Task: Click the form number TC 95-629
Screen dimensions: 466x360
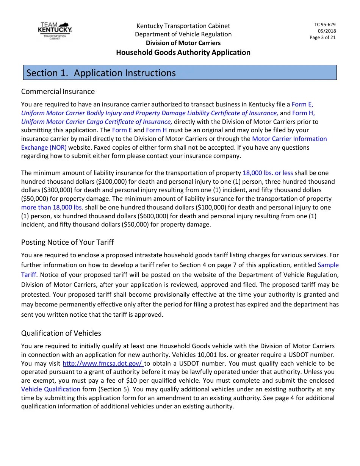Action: coord(325,25)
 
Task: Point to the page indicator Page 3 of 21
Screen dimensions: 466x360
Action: coord(322,37)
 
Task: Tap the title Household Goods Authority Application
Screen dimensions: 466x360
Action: coord(183,52)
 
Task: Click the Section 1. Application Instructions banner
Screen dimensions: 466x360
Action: coord(180,73)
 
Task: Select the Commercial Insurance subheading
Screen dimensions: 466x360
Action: coord(58,91)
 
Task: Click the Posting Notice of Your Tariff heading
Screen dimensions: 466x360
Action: coord(67,242)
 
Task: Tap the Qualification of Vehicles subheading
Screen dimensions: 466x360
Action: coord(61,333)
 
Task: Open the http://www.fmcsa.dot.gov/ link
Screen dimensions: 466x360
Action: coord(102,363)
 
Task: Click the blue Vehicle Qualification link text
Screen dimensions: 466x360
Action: coord(51,389)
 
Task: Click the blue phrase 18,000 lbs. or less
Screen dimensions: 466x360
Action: coord(268,173)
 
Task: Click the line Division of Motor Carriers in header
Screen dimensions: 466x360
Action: coord(183,43)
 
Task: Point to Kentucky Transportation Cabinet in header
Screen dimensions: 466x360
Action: coord(183,26)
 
